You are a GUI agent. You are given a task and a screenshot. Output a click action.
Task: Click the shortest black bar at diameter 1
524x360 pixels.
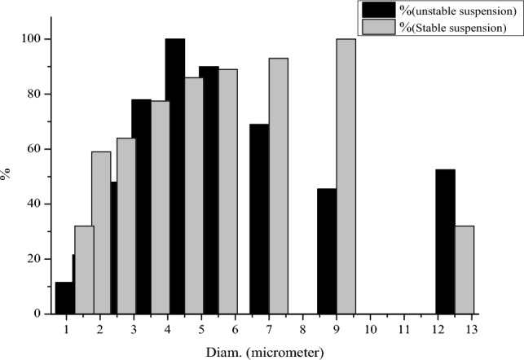point(64,297)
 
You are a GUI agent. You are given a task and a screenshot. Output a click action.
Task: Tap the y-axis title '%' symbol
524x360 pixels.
point(7,173)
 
